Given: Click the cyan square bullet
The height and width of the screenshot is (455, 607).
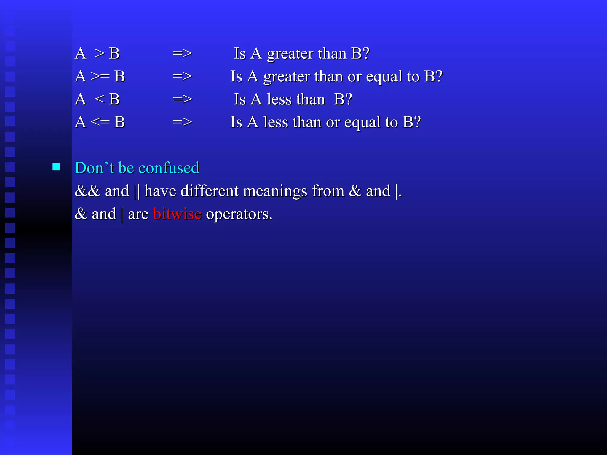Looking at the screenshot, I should coord(56,167).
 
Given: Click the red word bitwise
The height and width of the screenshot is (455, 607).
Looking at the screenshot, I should coord(177,214).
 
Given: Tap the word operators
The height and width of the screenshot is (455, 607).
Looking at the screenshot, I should coord(239,214).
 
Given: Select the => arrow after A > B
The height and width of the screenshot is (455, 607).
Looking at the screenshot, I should coord(182,54).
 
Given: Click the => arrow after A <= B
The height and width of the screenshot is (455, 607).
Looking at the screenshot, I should coord(182,122).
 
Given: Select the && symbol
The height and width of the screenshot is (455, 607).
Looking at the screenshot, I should coord(87,191).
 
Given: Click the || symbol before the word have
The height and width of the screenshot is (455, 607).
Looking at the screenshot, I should coord(137,191).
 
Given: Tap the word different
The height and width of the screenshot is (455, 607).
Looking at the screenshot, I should coord(210,191).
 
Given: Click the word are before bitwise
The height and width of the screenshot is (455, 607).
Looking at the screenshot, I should coord(138,214).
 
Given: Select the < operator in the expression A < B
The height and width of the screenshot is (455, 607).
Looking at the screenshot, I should coord(100,99).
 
